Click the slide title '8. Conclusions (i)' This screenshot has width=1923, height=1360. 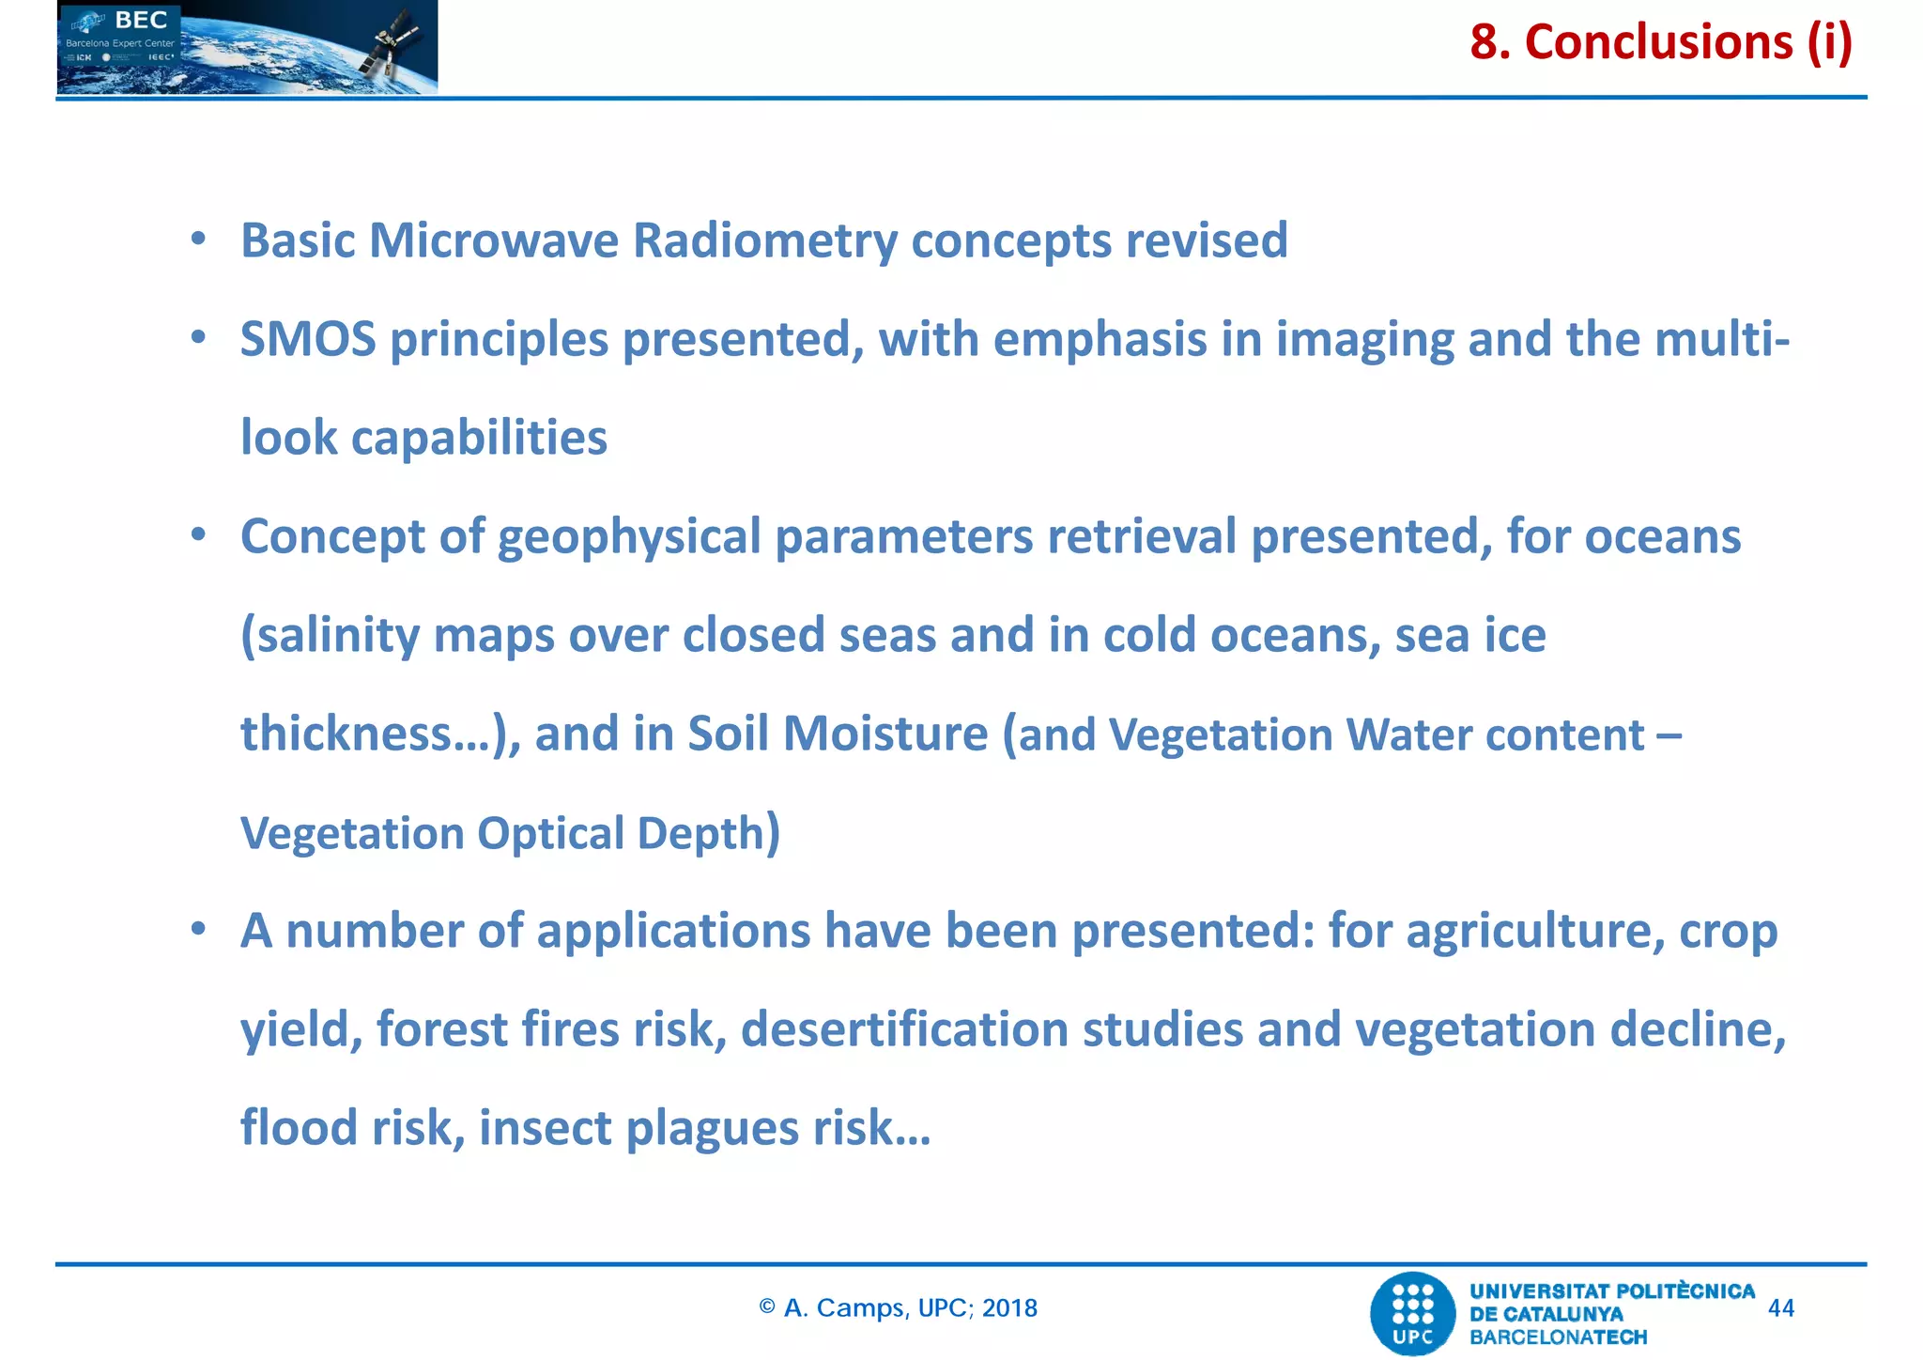coord(1660,42)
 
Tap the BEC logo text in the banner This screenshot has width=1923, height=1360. coord(141,21)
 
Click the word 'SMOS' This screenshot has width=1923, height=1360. coord(308,339)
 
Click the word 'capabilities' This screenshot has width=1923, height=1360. coord(479,439)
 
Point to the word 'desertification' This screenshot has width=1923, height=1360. coord(904,1029)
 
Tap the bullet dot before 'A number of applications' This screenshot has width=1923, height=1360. coord(198,930)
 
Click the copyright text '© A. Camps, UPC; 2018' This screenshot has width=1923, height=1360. coord(899,1308)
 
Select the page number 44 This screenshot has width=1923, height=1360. coord(1780,1308)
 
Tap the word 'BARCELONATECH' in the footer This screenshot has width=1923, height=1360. coord(1558,1337)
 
